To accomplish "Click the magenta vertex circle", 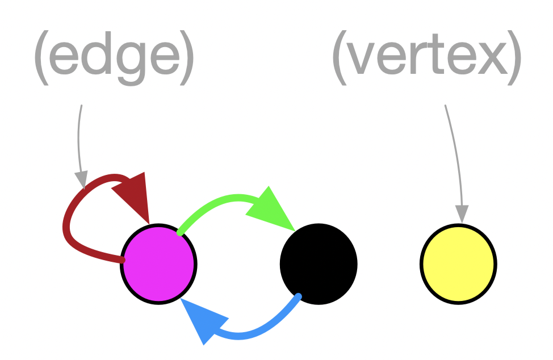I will coord(158,263).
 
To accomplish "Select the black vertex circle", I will coord(319,263).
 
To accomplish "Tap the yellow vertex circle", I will coord(458,263).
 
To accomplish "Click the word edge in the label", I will coord(114,57).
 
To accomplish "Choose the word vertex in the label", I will coord(426,57).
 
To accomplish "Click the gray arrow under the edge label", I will coord(79,142).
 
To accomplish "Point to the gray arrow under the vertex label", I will coord(455,159).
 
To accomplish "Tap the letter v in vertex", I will coord(361,58).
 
